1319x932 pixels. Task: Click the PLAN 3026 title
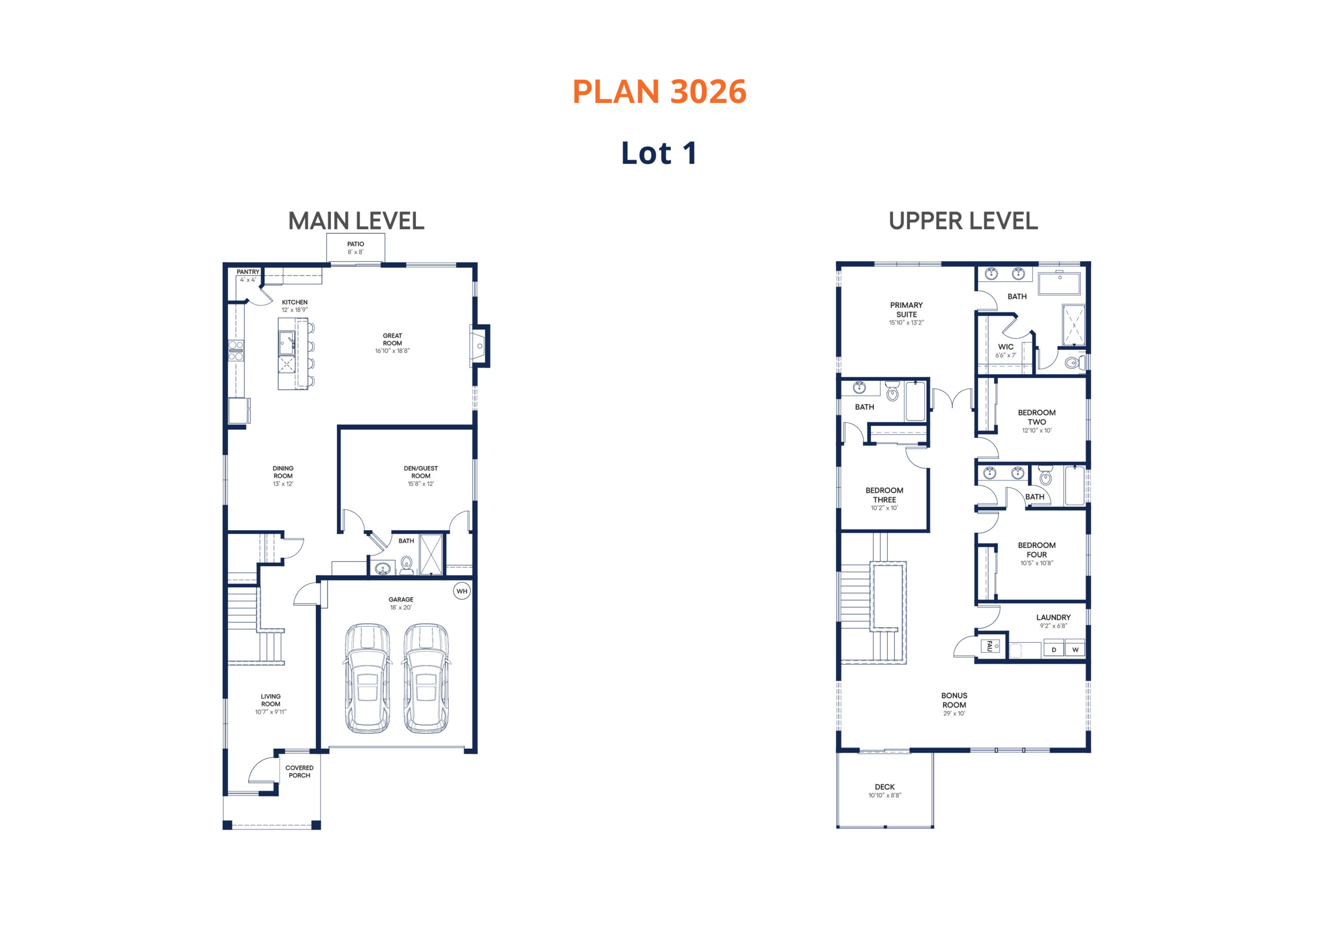click(x=659, y=92)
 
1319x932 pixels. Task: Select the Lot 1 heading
click(x=659, y=153)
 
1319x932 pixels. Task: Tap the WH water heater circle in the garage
click(x=462, y=591)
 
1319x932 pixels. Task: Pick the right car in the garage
click(x=426, y=678)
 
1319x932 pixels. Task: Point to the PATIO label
click(x=356, y=244)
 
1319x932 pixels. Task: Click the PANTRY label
click(x=248, y=271)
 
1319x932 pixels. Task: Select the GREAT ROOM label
click(x=393, y=339)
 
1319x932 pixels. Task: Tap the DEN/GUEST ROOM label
click(x=420, y=472)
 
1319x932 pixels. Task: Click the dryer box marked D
click(x=1054, y=649)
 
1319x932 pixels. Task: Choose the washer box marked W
click(x=1075, y=649)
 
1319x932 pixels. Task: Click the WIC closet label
click(x=1005, y=347)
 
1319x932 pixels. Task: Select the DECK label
click(x=885, y=787)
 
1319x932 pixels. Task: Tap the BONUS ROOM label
click(x=954, y=700)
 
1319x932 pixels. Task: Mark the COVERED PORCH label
click(x=299, y=771)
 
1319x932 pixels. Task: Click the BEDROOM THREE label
click(x=884, y=495)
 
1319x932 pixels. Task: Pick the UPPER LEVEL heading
click(x=963, y=221)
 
